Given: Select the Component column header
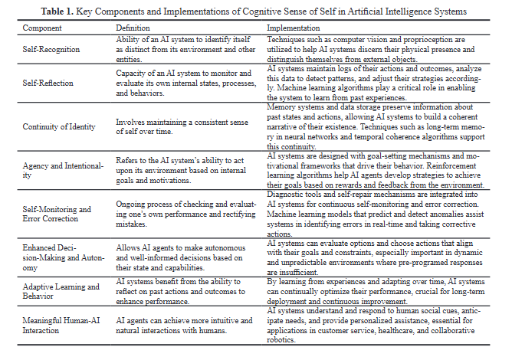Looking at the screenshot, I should [41, 28].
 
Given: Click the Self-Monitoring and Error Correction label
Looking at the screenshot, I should [57, 214].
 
